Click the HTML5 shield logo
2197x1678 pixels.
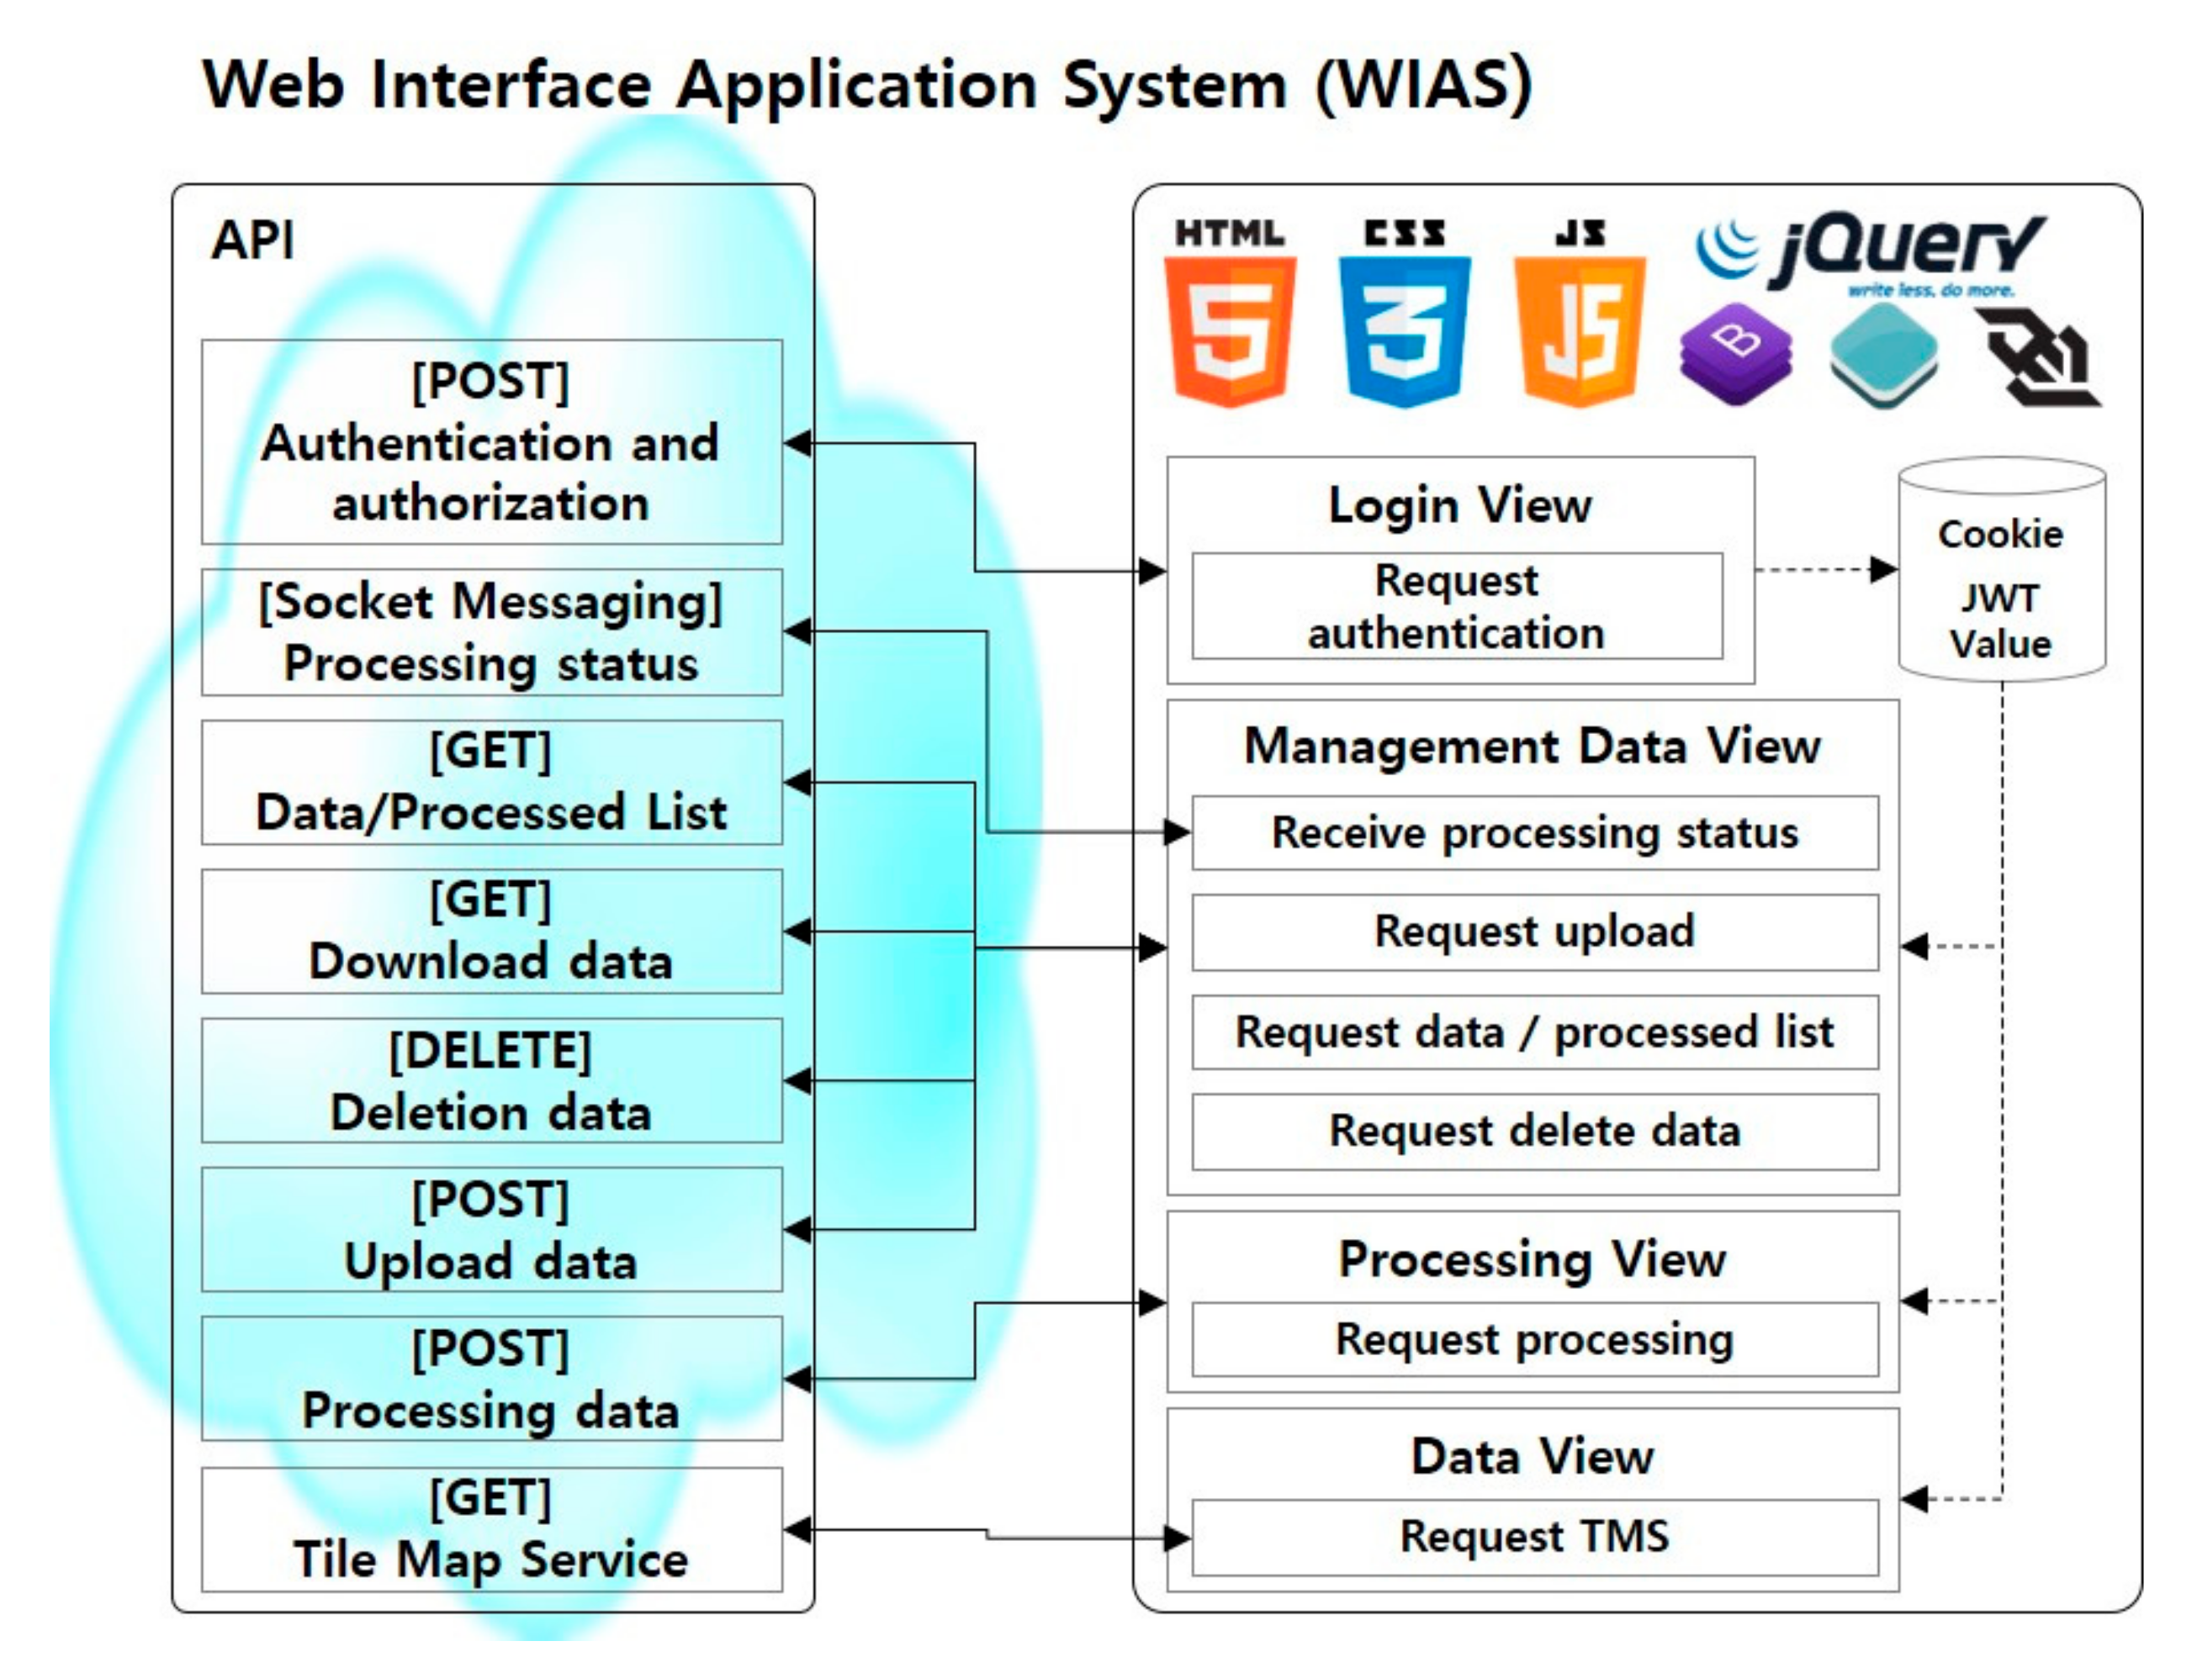coord(1230,330)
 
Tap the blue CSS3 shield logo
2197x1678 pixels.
coord(1404,330)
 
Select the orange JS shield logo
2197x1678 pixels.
coord(1579,330)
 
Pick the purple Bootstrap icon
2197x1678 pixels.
coord(1735,355)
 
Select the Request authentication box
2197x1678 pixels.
coord(1456,606)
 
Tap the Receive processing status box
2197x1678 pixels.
coord(1533,833)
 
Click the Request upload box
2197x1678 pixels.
coord(1533,931)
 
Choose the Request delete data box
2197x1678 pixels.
coord(1533,1132)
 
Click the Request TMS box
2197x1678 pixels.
coord(1533,1536)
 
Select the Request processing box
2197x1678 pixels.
coord(1533,1339)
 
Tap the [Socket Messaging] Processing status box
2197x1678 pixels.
coord(490,632)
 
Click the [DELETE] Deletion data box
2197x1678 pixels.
coord(490,1081)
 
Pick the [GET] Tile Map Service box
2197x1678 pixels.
coord(490,1529)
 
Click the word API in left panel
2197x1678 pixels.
coord(253,240)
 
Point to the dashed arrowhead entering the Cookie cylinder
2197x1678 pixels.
coord(1884,570)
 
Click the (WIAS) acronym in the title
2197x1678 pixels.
coord(1422,85)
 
